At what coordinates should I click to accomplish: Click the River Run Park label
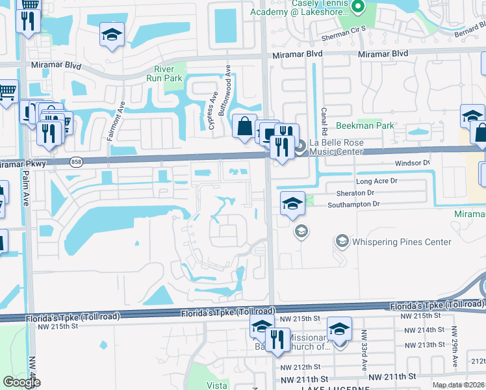168,73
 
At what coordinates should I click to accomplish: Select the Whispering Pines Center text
402,242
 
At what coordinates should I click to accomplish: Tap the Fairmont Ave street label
121,122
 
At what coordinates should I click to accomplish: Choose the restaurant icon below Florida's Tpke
277,339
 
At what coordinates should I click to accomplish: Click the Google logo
21,382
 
